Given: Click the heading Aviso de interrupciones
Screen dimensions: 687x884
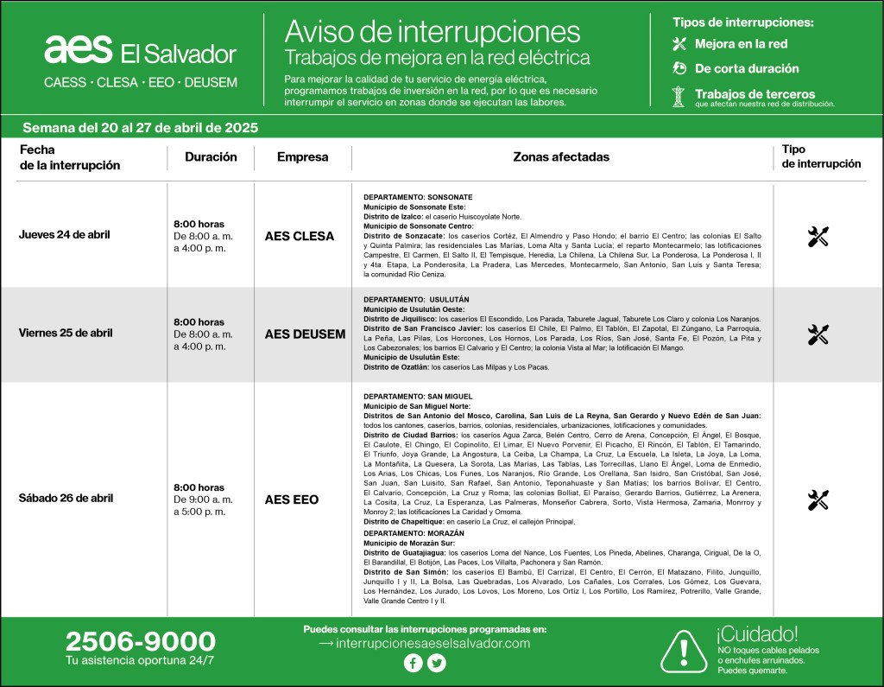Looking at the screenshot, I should pos(433,32).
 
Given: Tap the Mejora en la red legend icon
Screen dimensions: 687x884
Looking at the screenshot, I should pos(679,44).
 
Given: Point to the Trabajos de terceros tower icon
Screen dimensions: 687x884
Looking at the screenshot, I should pos(679,96).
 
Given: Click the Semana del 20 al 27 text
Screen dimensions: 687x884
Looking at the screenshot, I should pos(140,128).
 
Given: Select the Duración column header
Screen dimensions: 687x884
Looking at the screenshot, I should pos(211,157).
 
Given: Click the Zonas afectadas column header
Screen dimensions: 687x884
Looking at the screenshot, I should pos(561,157).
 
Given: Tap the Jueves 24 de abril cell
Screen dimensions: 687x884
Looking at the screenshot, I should pos(65,234).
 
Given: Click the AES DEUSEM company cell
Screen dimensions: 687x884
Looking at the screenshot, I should pos(305,334).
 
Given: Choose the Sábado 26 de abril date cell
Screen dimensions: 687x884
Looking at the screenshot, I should pos(66,498).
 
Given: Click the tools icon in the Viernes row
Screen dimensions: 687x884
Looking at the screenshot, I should pos(818,334).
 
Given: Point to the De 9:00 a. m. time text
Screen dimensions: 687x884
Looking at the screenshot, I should pos(203,499).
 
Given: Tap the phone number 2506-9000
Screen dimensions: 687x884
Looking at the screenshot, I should pos(140,641).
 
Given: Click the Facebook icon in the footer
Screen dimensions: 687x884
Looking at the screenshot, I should pos(413,664).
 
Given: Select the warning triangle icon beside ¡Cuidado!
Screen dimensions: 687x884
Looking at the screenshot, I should pos(684,648).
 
